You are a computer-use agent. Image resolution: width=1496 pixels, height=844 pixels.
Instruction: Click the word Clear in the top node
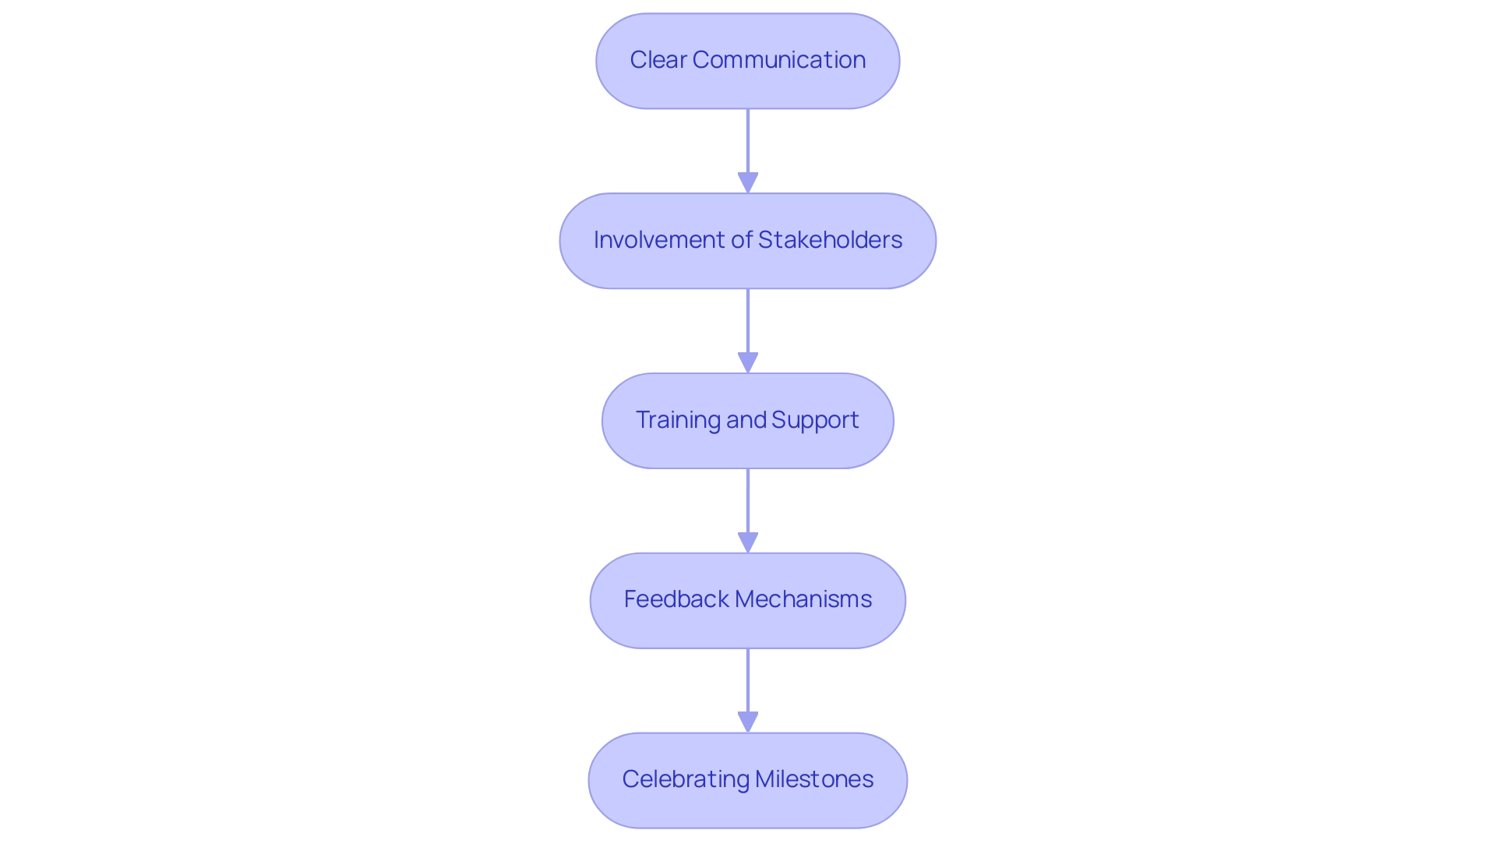pyautogui.click(x=658, y=60)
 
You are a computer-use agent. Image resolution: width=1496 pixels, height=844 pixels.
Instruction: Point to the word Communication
pyautogui.click(x=778, y=60)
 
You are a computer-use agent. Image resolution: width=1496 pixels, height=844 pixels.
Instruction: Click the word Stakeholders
pyautogui.click(x=830, y=240)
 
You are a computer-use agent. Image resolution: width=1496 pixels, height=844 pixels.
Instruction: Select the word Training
pyautogui.click(x=678, y=420)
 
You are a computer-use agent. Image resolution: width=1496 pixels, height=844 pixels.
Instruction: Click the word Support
pyautogui.click(x=815, y=420)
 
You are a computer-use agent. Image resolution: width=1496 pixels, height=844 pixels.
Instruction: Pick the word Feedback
pyautogui.click(x=676, y=599)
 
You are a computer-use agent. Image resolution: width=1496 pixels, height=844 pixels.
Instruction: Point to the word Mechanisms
pyautogui.click(x=803, y=599)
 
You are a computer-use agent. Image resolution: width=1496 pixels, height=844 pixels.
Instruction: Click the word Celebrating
pyautogui.click(x=686, y=779)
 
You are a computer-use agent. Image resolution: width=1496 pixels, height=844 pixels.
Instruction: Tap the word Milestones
pyautogui.click(x=814, y=779)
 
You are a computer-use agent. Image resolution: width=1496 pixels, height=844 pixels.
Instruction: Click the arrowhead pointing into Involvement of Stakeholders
pyautogui.click(x=747, y=183)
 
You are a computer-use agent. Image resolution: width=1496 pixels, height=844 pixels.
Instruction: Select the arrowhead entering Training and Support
pyautogui.click(x=747, y=363)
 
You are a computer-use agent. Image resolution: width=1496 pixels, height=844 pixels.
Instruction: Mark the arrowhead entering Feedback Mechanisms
pyautogui.click(x=747, y=543)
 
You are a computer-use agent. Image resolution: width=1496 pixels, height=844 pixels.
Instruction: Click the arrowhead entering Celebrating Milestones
pyautogui.click(x=747, y=722)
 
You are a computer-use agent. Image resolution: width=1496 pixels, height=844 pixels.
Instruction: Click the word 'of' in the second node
pyautogui.click(x=741, y=240)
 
